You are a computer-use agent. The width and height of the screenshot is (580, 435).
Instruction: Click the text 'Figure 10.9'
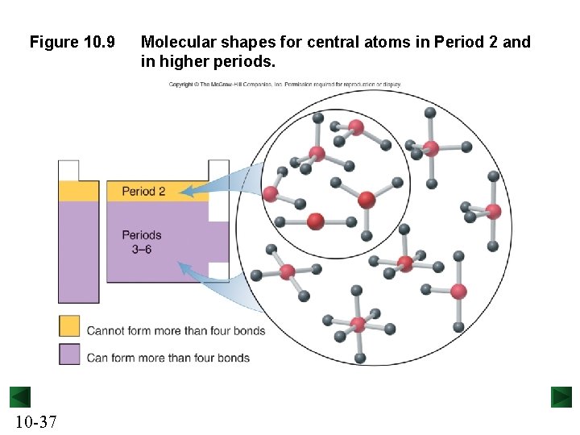(72, 42)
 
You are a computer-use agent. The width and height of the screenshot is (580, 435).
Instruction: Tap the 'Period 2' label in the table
(143, 192)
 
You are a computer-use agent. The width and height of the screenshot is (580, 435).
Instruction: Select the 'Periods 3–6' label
(142, 242)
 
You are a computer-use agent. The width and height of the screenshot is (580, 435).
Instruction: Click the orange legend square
(69, 326)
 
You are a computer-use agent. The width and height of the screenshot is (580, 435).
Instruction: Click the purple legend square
(69, 354)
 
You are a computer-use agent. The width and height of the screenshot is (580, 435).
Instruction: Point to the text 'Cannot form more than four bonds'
(176, 330)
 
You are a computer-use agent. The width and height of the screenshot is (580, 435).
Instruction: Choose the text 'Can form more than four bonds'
(168, 358)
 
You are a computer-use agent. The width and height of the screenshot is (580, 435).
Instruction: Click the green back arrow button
(20, 397)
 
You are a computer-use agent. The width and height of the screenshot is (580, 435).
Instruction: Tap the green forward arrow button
(561, 397)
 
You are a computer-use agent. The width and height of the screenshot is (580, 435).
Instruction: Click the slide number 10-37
(35, 420)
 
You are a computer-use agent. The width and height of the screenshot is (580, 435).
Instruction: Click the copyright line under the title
(284, 85)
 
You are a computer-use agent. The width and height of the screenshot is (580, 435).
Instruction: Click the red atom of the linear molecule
(316, 221)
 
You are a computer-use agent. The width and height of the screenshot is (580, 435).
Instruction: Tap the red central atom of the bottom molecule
(358, 325)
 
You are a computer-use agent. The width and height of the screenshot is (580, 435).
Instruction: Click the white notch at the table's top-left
(68, 171)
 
